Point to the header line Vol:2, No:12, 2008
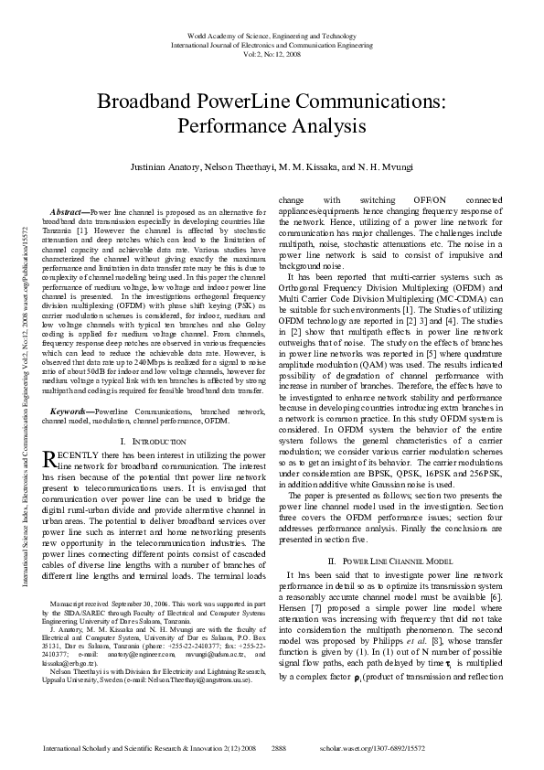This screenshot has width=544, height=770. [x=272, y=53]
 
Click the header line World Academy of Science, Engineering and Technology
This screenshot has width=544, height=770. [x=272, y=35]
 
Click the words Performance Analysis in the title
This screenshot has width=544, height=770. [x=272, y=125]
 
